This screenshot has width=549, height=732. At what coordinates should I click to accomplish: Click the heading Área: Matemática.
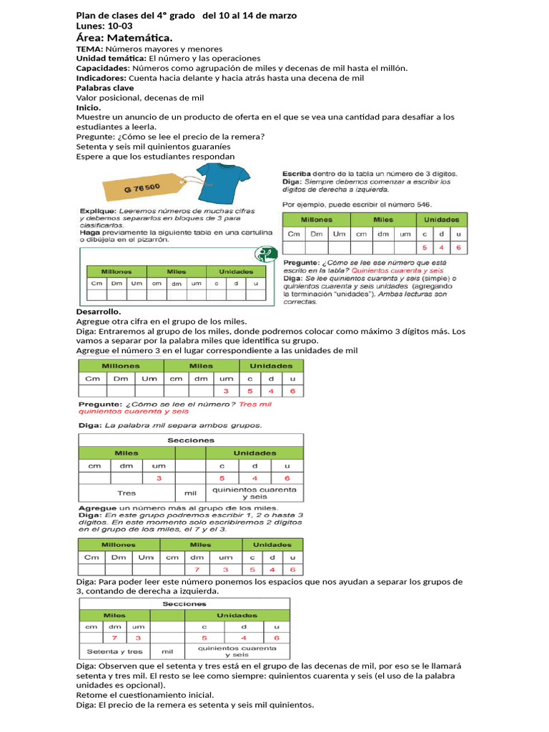pyautogui.click(x=124, y=37)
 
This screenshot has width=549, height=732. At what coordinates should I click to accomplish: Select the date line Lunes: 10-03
pyautogui.click(x=104, y=26)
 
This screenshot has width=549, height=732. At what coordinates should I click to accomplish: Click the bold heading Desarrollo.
pyautogui.click(x=99, y=312)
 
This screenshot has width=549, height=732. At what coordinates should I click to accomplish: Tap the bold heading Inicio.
pyautogui.click(x=89, y=107)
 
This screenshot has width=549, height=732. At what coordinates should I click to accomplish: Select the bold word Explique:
pyautogui.click(x=97, y=212)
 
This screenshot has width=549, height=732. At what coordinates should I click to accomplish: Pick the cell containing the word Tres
pyautogui.click(x=127, y=493)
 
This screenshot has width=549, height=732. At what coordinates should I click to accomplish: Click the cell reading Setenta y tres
pyautogui.click(x=114, y=651)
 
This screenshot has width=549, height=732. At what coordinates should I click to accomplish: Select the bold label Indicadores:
pyautogui.click(x=102, y=78)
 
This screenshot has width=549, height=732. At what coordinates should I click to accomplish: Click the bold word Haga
pyautogui.click(x=89, y=232)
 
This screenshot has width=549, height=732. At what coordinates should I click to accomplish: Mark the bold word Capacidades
pyautogui.click(x=102, y=68)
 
